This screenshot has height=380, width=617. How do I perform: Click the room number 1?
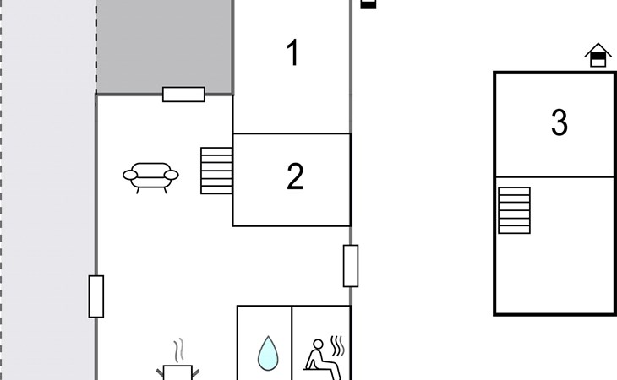tap(293, 52)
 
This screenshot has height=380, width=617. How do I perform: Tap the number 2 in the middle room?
tap(295, 176)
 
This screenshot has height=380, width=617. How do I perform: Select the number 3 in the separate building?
tap(560, 122)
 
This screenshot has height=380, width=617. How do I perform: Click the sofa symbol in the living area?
tap(150, 177)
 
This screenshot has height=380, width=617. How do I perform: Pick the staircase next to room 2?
tap(216, 171)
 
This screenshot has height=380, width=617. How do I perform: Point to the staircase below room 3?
tap(514, 210)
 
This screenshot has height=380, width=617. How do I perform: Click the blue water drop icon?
tap(268, 353)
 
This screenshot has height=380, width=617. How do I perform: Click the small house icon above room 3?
tap(598, 55)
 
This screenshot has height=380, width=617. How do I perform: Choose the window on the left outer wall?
tap(96, 296)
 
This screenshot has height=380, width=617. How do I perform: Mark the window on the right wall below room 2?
tap(351, 266)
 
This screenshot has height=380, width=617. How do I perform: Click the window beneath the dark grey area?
tap(183, 95)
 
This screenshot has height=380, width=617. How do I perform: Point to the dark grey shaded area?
tap(165, 46)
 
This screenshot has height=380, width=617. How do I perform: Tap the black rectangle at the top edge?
tap(369, 4)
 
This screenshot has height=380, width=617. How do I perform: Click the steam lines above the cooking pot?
tap(179, 350)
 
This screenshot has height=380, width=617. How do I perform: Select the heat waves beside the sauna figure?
tap(337, 346)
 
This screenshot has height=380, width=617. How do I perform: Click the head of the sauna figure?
tap(318, 345)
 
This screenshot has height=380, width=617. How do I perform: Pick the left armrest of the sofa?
tap(130, 175)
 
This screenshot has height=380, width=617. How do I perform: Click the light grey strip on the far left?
tap(48, 190)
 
